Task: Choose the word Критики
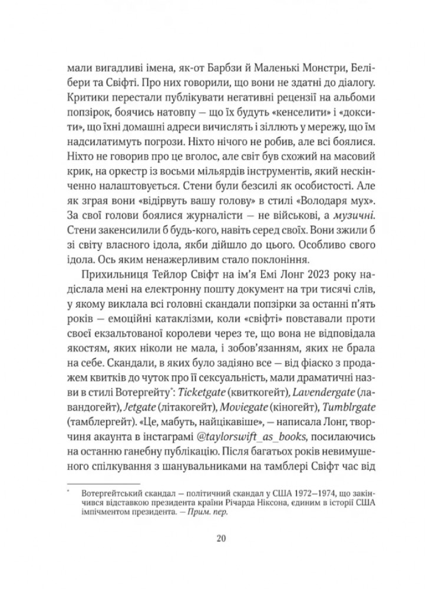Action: click(87, 97)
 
